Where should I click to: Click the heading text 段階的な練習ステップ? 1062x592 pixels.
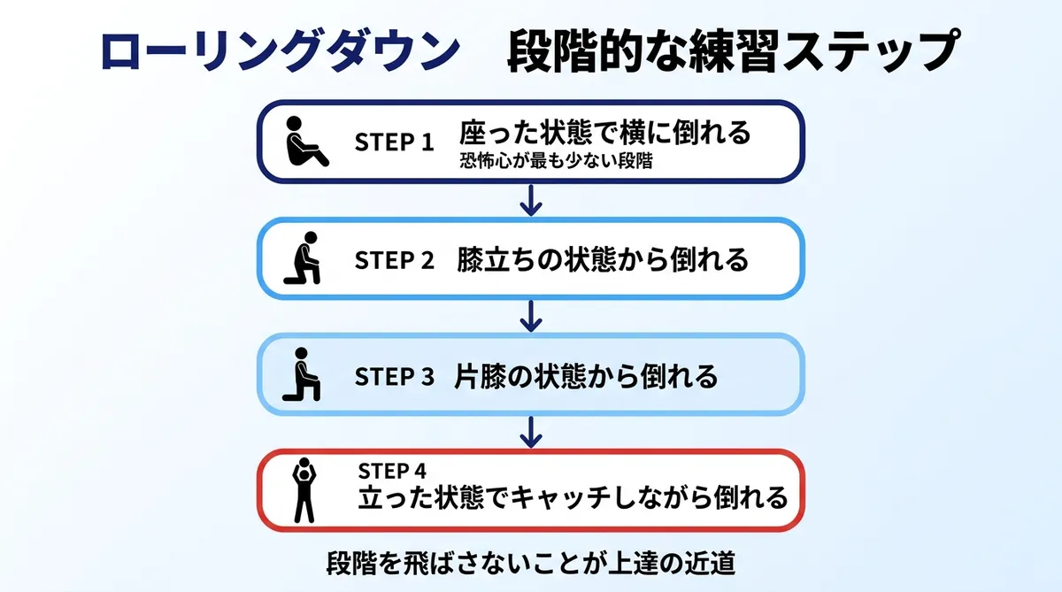click(x=734, y=53)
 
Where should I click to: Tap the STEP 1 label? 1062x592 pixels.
click(x=395, y=142)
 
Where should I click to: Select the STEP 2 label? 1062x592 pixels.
click(x=395, y=260)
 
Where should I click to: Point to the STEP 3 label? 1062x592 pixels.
click(x=395, y=376)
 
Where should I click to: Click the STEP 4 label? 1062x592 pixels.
click(x=393, y=469)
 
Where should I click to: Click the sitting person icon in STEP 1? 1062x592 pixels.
click(x=304, y=142)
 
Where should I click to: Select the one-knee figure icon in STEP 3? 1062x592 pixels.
click(x=302, y=375)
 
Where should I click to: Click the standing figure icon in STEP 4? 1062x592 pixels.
click(x=304, y=490)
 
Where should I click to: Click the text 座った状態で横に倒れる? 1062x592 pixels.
click(x=604, y=134)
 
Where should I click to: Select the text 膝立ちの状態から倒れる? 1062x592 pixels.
click(x=603, y=260)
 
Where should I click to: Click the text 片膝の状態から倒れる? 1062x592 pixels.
click(x=586, y=376)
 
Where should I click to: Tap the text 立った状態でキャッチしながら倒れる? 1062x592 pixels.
click(x=573, y=497)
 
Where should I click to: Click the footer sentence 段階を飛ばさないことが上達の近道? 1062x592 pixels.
click(x=531, y=563)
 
